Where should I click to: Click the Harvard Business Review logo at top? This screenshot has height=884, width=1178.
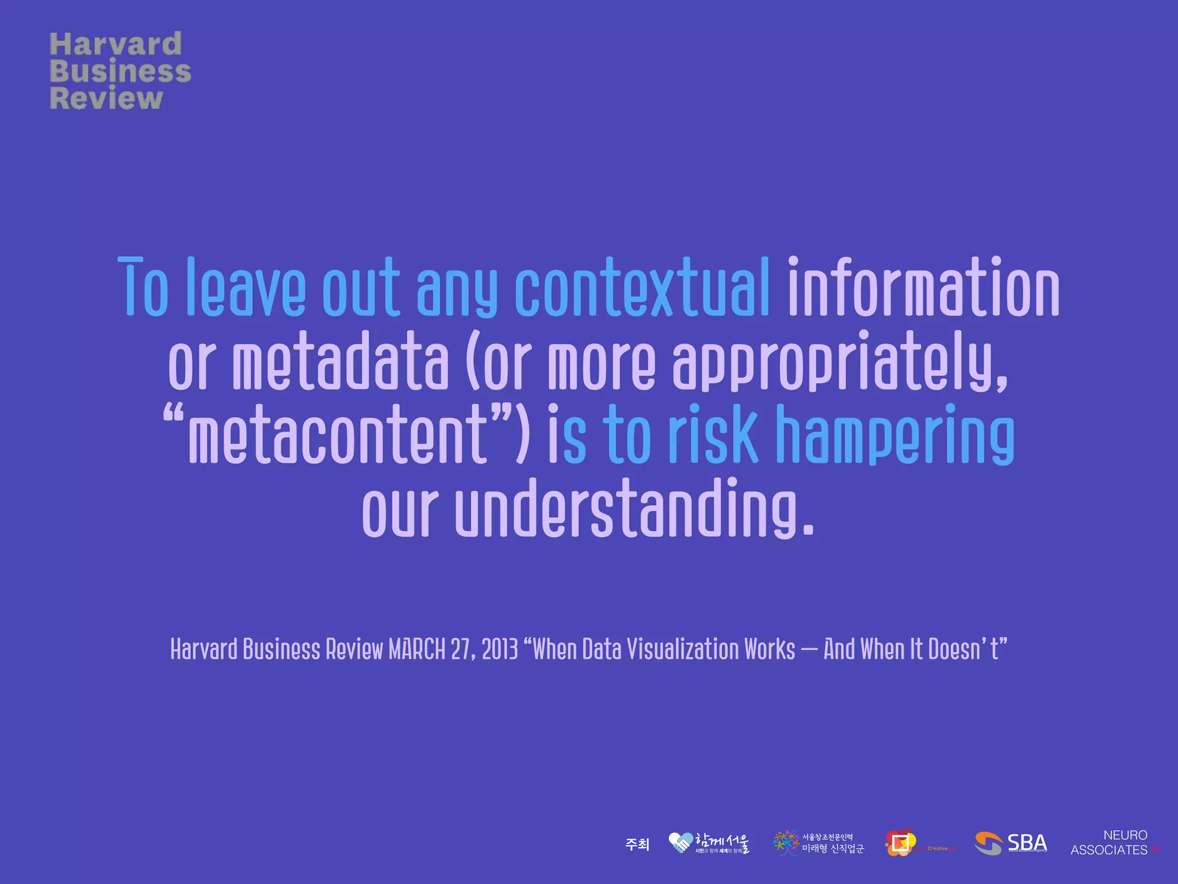120,71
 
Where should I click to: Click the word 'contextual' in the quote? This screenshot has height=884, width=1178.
642,288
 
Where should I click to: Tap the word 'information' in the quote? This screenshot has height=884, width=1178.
923,288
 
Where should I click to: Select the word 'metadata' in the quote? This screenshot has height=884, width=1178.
340,363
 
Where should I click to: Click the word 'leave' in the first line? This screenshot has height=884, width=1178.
246,288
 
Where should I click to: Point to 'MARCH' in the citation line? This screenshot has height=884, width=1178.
417,649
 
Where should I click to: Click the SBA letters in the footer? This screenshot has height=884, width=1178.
1027,842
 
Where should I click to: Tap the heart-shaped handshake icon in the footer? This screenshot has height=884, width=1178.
680,843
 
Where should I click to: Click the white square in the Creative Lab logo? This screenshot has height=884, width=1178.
900,843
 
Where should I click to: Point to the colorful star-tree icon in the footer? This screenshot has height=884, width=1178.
786,843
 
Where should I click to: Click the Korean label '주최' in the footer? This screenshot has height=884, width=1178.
637,844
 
